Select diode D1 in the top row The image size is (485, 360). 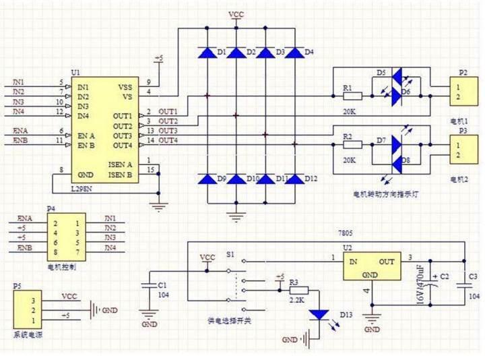tap(206, 52)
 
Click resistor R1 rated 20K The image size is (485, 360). tap(353, 96)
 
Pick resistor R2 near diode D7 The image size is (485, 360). tap(353, 144)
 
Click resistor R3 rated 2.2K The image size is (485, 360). tap(294, 289)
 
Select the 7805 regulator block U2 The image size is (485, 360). tap(370, 267)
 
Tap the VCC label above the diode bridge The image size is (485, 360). tap(236, 13)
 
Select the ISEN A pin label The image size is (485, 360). tap(120, 164)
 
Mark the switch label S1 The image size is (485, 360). tap(230, 256)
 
